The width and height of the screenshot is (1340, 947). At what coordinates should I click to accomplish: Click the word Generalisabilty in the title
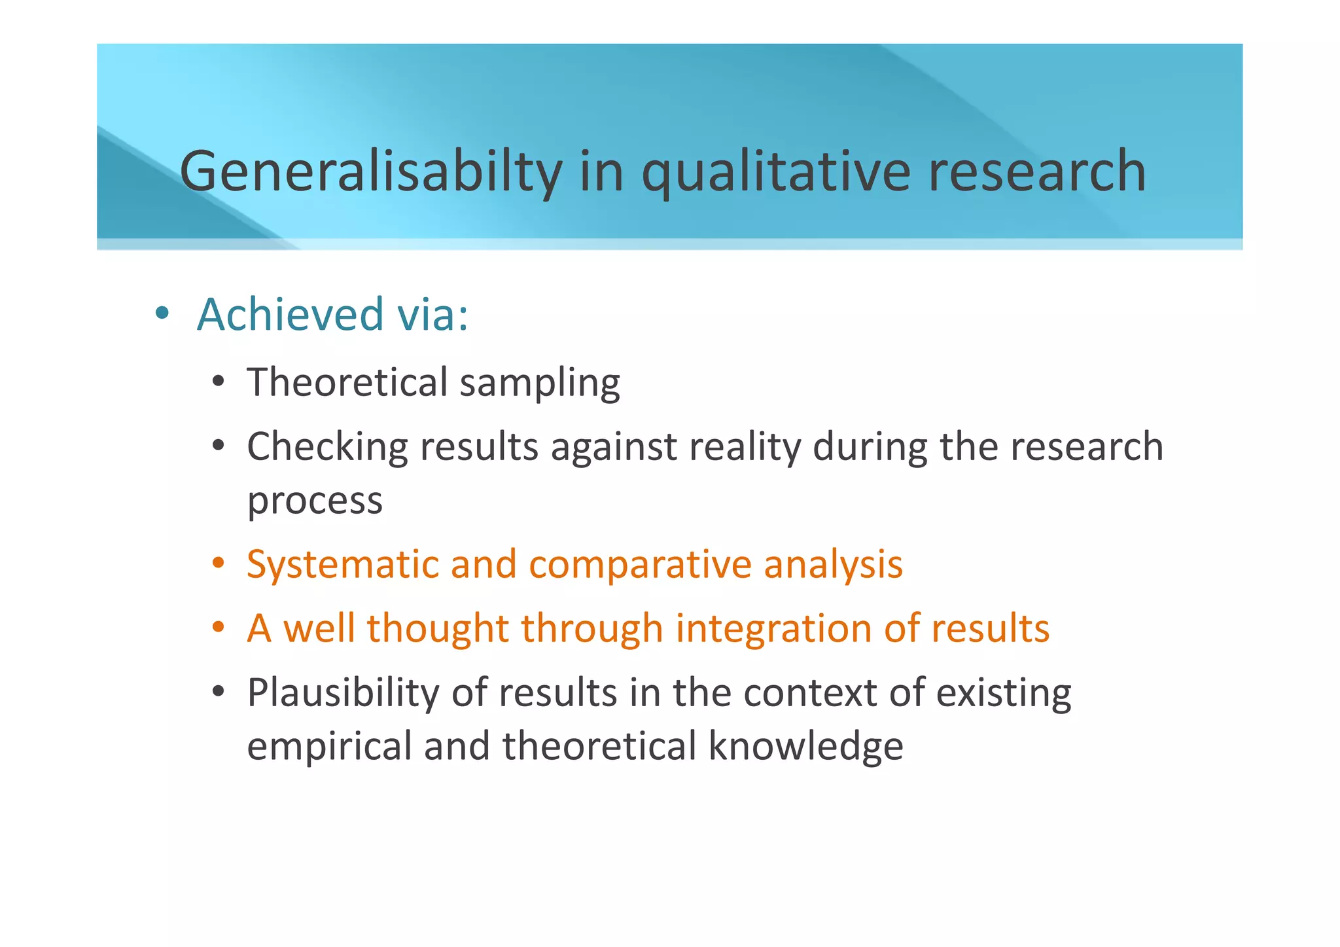point(370,171)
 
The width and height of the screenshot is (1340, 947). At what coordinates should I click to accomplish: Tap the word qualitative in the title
point(776,171)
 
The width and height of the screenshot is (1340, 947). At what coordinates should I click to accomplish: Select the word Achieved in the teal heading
point(290,314)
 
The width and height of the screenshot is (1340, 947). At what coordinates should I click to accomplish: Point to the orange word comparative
point(640,565)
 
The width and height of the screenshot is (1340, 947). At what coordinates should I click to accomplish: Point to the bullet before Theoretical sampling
point(219,382)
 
